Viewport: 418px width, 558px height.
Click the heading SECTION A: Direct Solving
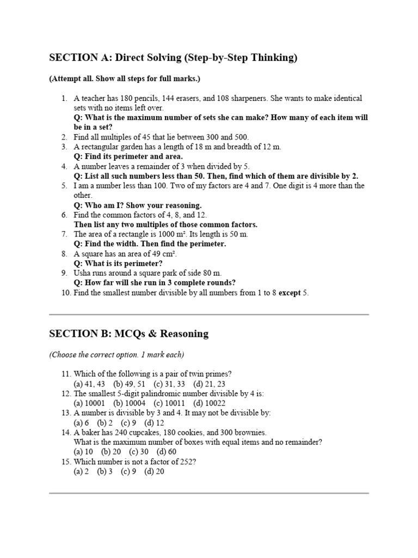point(173,58)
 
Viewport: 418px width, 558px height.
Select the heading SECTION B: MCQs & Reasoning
point(128,333)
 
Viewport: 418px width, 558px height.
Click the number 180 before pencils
point(118,98)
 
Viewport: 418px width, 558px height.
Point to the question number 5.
point(64,186)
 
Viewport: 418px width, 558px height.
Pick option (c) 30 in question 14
point(139,452)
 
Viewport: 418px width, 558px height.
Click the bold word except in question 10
point(290,293)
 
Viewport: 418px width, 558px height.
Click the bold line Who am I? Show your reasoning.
point(138,205)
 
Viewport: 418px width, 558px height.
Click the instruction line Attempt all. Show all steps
point(125,78)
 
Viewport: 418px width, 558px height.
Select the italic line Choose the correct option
point(116,355)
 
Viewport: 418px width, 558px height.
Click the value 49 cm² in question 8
point(163,254)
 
